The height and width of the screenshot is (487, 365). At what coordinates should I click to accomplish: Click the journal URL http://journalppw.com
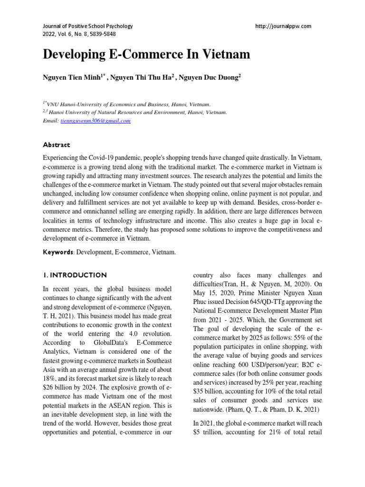click(x=283, y=26)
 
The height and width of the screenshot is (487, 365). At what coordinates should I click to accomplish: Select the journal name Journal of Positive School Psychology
click(x=88, y=26)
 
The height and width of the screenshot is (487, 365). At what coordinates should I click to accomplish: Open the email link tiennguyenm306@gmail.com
click(x=95, y=121)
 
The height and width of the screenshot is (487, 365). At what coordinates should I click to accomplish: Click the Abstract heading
click(x=57, y=145)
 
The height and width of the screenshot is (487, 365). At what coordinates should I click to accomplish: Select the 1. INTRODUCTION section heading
click(x=75, y=275)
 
